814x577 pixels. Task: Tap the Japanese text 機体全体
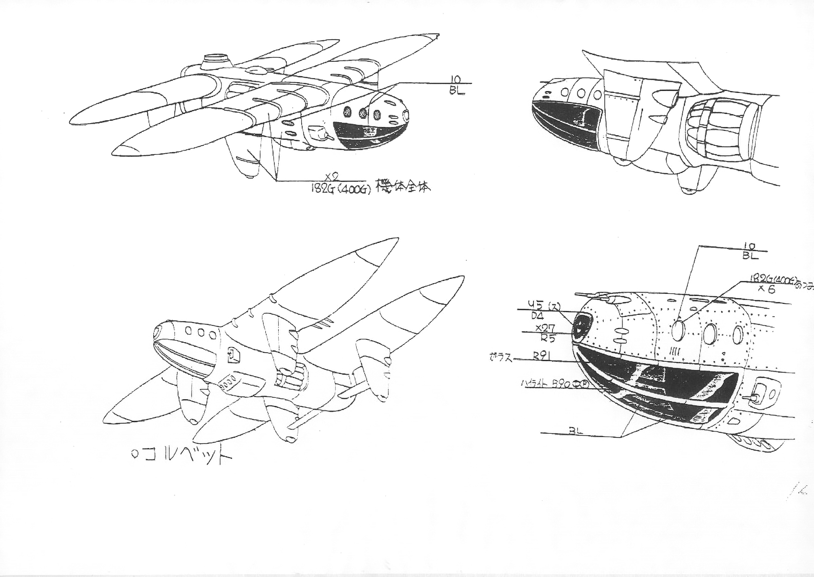pos(403,186)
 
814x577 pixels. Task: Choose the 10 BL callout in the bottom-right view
pos(750,251)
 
